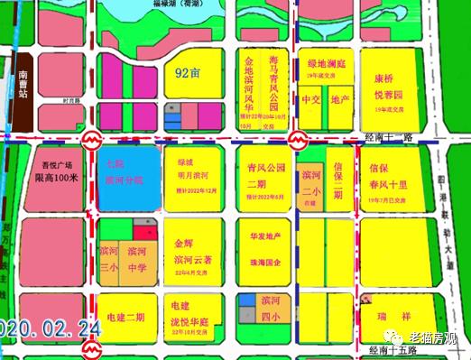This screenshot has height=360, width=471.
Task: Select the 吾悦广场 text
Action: pos(57,164)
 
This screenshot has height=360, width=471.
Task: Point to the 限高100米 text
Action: pos(57,178)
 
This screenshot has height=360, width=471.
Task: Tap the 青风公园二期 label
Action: pos(263,173)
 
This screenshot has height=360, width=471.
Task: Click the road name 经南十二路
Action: pos(389,135)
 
